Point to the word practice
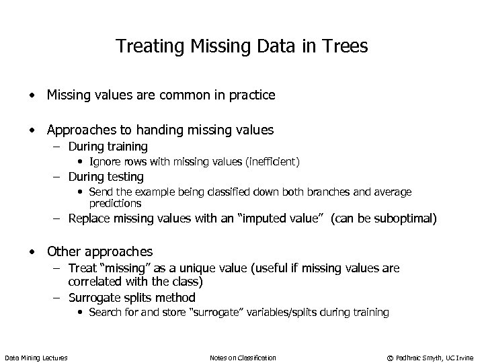pyautogui.click(x=251, y=95)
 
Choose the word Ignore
pyautogui.click(x=104, y=161)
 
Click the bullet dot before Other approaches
pyautogui.click(x=32, y=252)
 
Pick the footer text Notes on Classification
pyautogui.click(x=243, y=358)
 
